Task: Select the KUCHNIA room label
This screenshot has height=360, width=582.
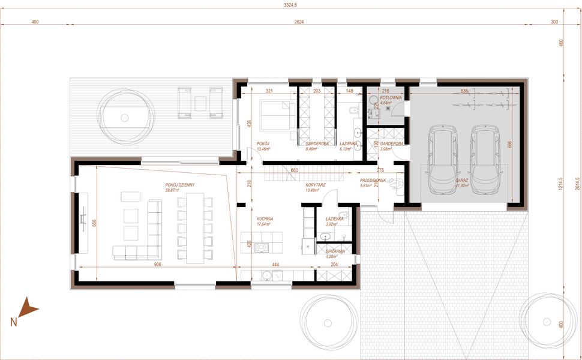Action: tap(265, 219)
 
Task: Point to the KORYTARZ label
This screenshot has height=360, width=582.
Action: tap(315, 185)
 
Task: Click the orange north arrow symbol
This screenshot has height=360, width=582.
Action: tap(26, 309)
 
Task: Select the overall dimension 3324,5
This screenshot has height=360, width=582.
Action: tap(291, 5)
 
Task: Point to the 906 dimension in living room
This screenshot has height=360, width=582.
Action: tap(158, 264)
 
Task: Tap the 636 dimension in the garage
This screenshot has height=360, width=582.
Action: tap(463, 91)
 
